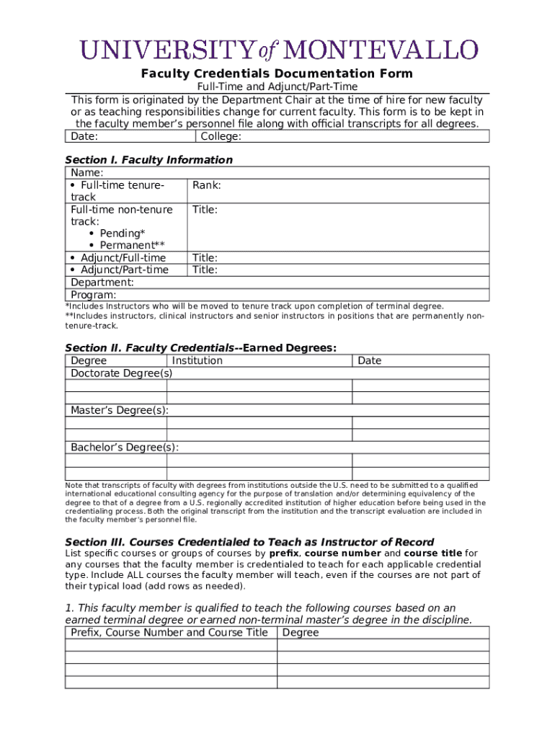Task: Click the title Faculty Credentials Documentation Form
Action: pos(277,74)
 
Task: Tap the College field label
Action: pos(221,137)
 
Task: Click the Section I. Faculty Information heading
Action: pos(148,160)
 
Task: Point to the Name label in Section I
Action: pos(86,173)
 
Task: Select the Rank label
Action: pos(206,185)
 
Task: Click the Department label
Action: pos(102,283)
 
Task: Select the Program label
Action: pos(93,295)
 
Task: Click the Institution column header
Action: pos(197,360)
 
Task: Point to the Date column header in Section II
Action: pos(369,360)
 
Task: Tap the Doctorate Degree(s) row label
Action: pos(121,373)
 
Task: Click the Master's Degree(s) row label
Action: pos(120,410)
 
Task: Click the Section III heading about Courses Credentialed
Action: pos(249,542)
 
